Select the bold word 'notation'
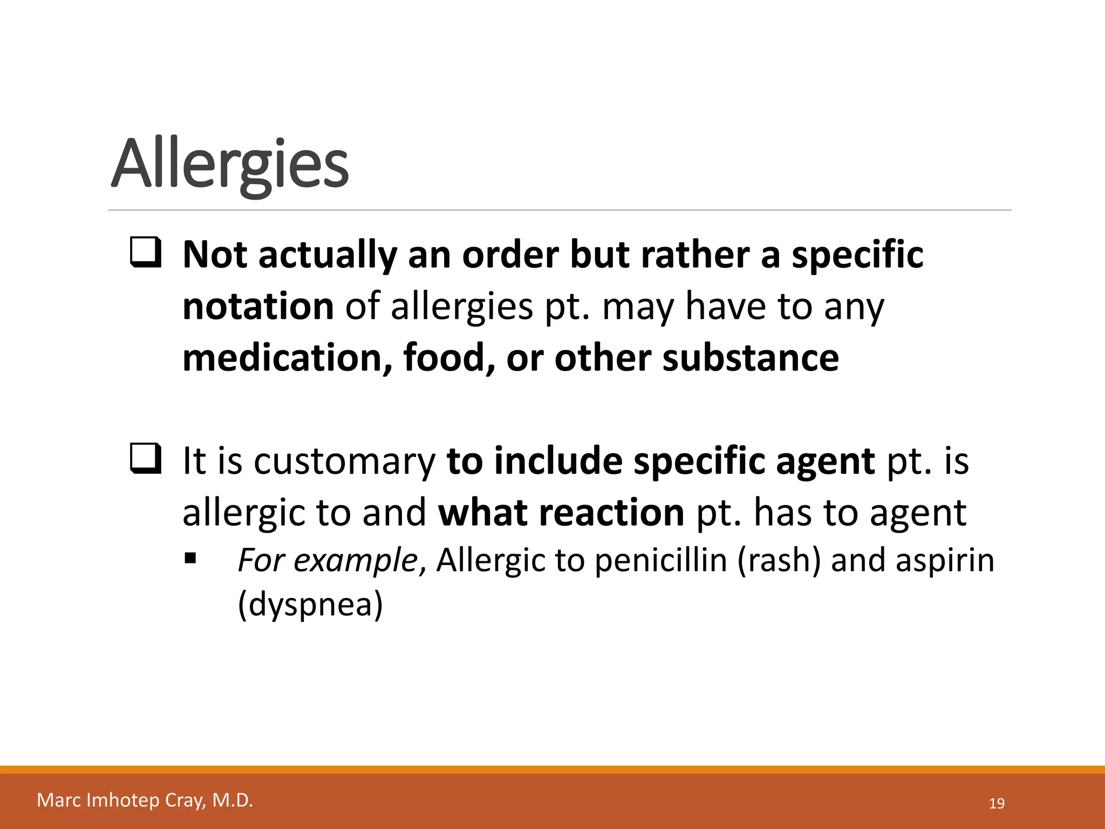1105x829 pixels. coord(258,306)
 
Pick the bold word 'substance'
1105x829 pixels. coord(751,358)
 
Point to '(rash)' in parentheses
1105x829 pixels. coord(778,560)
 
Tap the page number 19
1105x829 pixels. coord(997,804)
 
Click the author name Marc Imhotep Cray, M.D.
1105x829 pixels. coord(145,800)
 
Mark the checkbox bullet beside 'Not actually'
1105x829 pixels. coord(145,253)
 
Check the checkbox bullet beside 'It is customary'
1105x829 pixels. coord(145,460)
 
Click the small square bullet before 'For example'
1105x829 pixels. coord(190,558)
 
